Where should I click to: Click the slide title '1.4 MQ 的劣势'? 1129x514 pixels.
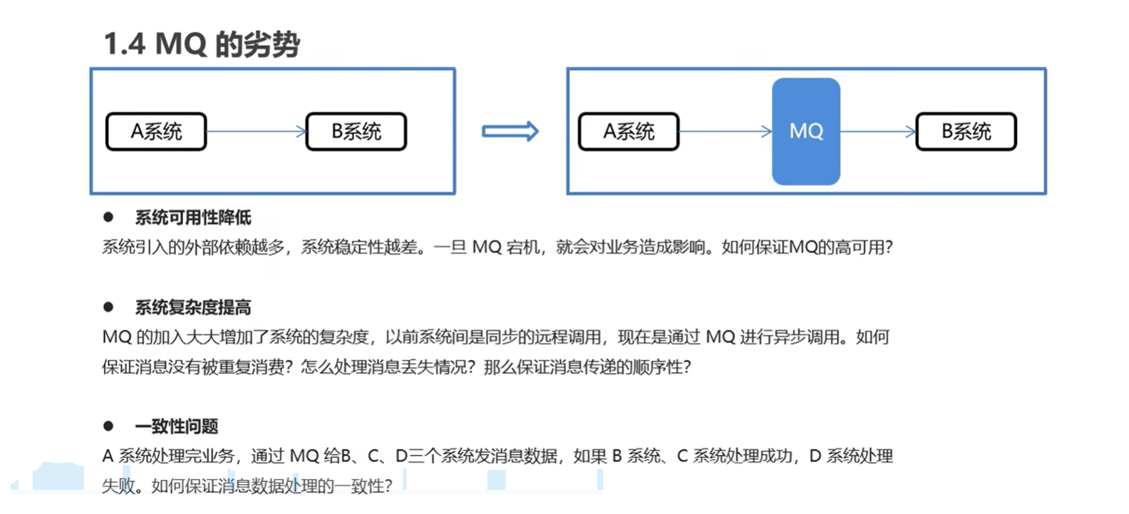tap(202, 44)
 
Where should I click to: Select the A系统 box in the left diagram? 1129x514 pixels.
tap(156, 132)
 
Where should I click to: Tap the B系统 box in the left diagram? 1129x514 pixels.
tap(356, 132)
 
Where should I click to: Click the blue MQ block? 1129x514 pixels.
tap(806, 131)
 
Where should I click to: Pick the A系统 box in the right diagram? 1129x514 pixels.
tap(629, 132)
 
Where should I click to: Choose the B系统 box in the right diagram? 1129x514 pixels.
tap(966, 132)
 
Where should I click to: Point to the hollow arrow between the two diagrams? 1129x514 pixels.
tap(510, 131)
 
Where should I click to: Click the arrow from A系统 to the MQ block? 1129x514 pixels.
tap(725, 131)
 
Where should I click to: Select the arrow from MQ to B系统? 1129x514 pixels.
tap(878, 131)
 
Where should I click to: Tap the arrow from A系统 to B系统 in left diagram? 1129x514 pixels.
tap(256, 131)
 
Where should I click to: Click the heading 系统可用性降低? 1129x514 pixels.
tap(193, 217)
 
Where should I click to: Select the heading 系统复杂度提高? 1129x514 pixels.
tap(193, 307)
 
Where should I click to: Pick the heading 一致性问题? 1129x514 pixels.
tap(177, 426)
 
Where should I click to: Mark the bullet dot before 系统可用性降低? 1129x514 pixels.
tap(108, 217)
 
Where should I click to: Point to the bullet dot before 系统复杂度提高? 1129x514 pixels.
tap(108, 307)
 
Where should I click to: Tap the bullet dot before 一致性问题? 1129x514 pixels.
tap(108, 426)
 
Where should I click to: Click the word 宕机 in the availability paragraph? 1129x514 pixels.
tap(522, 247)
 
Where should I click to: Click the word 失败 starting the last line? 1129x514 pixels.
tap(118, 486)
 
